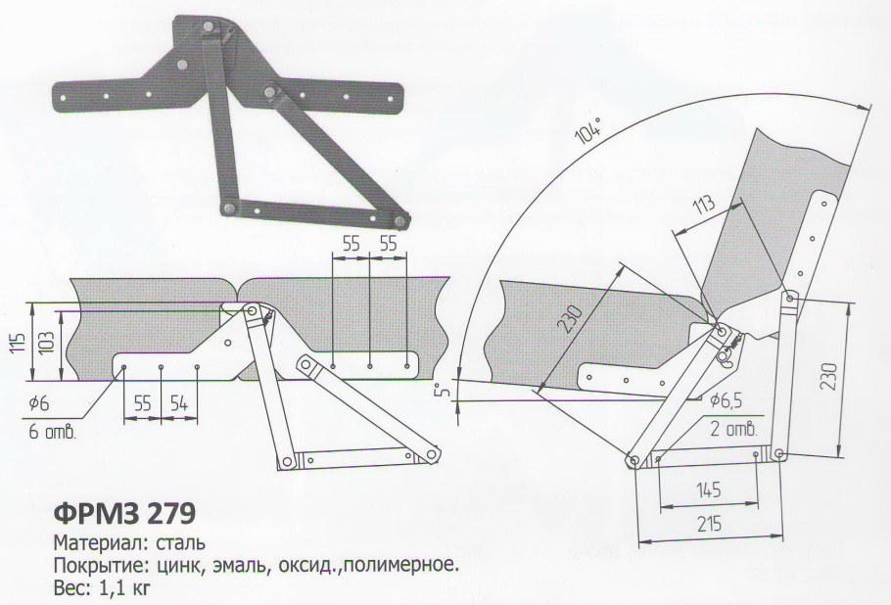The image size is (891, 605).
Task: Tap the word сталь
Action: (182, 541)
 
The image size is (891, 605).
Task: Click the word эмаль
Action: (229, 565)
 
